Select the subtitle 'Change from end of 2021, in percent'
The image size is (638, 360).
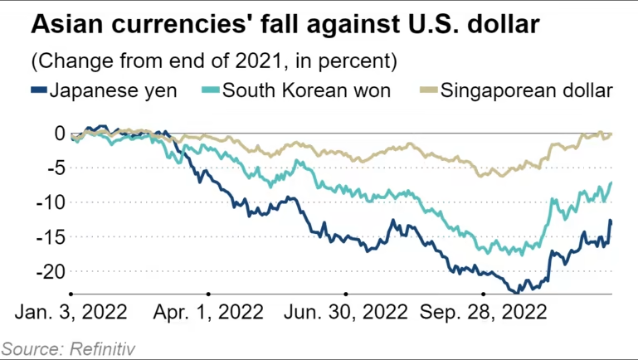tap(212, 61)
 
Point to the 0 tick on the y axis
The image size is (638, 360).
tap(58, 133)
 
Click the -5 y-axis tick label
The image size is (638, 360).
tap(54, 168)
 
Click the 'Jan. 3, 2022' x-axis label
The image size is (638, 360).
tap(71, 313)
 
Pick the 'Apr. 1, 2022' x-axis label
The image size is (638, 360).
tap(209, 313)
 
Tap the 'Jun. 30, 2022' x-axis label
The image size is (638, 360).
tap(347, 313)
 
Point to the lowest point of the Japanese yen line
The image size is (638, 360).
tap(517, 292)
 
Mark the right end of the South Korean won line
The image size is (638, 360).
tap(611, 182)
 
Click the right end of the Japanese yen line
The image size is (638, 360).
tap(611, 221)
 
